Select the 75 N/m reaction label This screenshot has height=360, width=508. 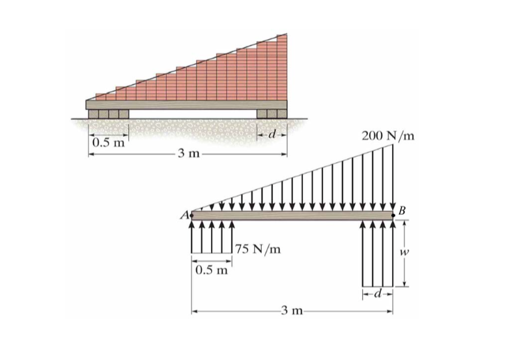(258, 250)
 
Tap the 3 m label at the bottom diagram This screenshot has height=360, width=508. (290, 312)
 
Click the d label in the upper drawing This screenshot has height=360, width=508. (272, 135)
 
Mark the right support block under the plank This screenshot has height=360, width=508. (271, 115)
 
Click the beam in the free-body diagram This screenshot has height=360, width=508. (293, 215)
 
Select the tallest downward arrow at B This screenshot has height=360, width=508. (393, 176)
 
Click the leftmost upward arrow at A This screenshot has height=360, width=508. (191, 238)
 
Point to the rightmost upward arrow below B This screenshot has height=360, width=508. (393, 254)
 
